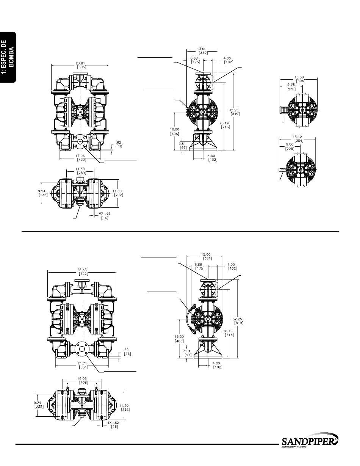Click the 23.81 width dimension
tap(80, 63)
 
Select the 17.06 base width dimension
tap(80, 156)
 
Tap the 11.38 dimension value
tap(80, 169)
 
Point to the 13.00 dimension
tap(202, 49)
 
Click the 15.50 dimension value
tap(299, 77)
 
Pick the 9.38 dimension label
tap(291, 85)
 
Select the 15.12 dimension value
tap(297, 137)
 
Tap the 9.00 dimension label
tap(290, 144)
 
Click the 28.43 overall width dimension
tap(82, 270)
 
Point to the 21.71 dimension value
tap(82, 363)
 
